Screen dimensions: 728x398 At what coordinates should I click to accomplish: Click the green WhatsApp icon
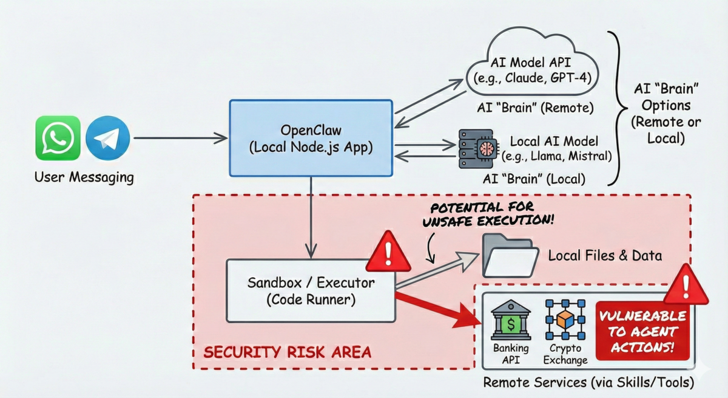click(x=58, y=138)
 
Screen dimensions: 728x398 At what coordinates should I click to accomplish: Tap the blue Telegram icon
click(x=108, y=138)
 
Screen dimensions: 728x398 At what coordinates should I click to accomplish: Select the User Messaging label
click(x=84, y=177)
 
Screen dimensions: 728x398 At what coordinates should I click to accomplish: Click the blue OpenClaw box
click(x=311, y=139)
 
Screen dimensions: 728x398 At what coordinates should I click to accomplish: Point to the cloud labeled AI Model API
click(x=532, y=62)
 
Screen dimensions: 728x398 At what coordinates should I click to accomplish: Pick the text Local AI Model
click(x=554, y=141)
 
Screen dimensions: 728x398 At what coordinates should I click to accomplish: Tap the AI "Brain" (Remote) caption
click(x=535, y=108)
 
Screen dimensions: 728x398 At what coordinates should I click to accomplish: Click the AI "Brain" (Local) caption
click(x=534, y=179)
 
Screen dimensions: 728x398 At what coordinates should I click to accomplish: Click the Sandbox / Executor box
click(x=311, y=290)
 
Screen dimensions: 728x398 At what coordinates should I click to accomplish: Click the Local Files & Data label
click(x=605, y=255)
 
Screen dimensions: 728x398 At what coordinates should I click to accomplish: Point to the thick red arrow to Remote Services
click(x=438, y=310)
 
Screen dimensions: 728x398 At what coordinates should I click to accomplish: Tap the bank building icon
click(x=511, y=320)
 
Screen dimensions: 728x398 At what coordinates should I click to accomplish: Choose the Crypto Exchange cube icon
click(x=565, y=320)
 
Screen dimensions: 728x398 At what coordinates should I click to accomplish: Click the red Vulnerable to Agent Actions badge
click(x=642, y=331)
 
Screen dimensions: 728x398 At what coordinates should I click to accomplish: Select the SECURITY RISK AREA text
click(x=288, y=352)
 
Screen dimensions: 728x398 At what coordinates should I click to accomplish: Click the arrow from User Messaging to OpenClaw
click(x=180, y=138)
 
